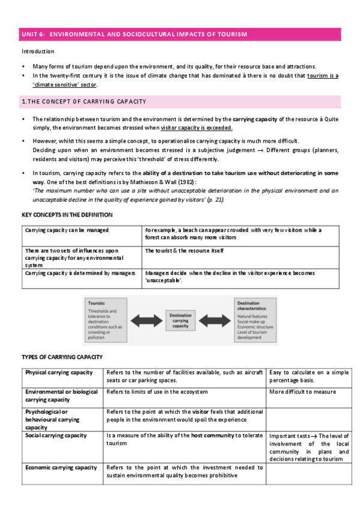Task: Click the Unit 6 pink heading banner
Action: point(180,35)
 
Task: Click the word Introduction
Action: point(38,52)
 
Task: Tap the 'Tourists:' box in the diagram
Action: point(104,319)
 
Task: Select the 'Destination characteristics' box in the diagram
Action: point(255,319)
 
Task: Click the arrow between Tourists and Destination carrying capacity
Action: point(143,319)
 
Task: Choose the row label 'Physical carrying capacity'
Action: point(59,373)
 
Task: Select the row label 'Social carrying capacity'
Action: point(56,435)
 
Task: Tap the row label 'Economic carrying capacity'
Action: point(61,467)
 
